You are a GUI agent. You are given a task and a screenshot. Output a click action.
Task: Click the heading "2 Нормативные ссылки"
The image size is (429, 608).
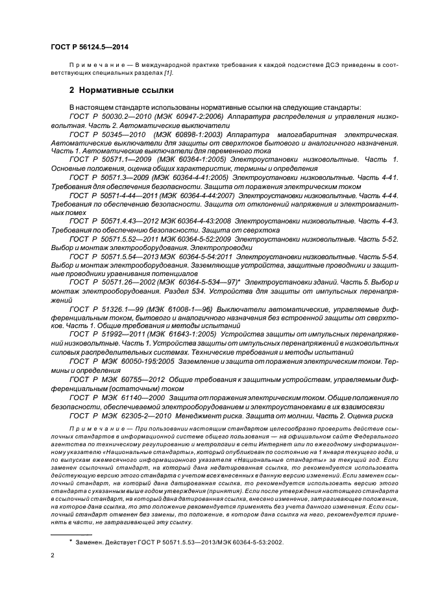(x=121, y=90)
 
